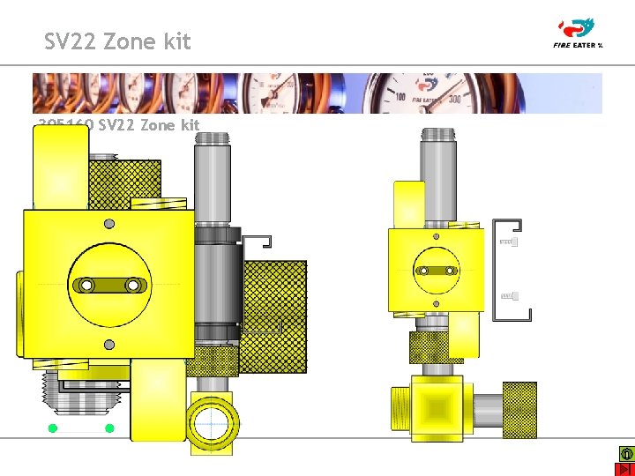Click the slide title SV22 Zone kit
tap(117, 41)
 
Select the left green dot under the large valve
tap(53, 428)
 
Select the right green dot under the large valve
tap(109, 428)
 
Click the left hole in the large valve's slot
tap(86, 285)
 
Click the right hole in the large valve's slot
tap(133, 285)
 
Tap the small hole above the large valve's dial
tap(108, 224)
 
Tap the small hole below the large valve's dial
tap(108, 345)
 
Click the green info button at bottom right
tap(625, 453)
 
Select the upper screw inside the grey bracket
tap(509, 242)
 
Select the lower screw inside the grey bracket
tap(509, 295)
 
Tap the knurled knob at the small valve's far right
tap(519, 410)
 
